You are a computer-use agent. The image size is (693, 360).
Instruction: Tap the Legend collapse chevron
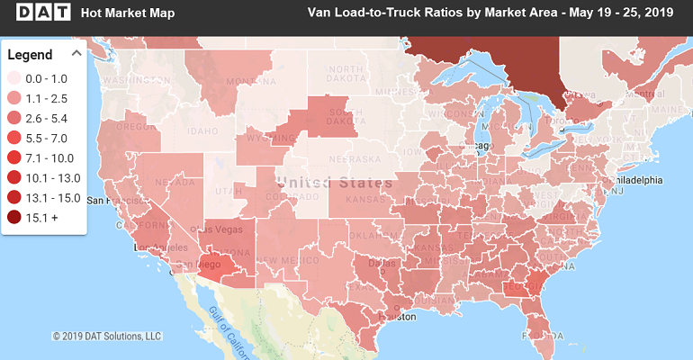[76, 53]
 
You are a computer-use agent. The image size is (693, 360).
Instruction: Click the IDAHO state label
[178, 132]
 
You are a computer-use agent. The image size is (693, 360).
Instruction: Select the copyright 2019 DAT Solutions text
[106, 336]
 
